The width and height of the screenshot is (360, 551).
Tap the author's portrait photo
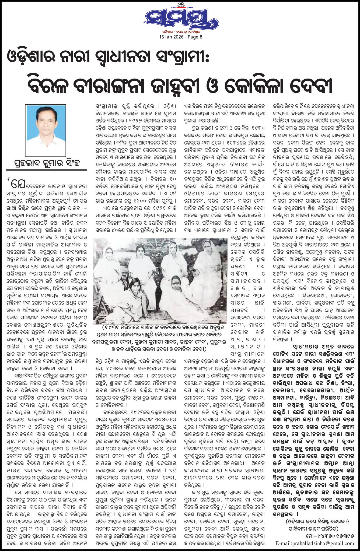(x=46, y=130)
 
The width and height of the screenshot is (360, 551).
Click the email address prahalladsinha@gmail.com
(x=315, y=543)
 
